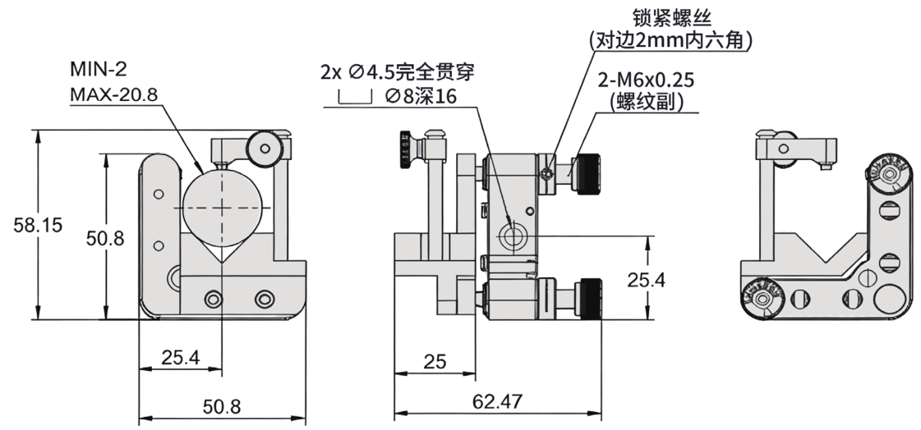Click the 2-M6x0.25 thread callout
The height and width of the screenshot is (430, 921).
647,80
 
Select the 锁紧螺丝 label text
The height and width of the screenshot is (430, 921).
670,16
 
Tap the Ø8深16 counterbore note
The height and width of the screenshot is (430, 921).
420,97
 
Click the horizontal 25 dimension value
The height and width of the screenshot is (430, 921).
435,362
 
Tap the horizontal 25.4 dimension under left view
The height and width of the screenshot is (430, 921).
180,358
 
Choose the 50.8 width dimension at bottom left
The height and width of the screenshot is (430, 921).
221,406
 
